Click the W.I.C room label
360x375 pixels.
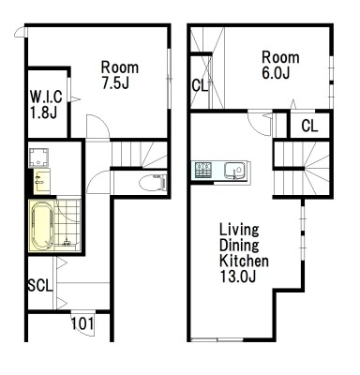pos(46,97)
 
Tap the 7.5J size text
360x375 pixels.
pos(115,82)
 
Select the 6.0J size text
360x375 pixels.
pos(276,72)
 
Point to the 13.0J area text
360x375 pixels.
pos(238,277)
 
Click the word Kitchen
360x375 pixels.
pos(244,261)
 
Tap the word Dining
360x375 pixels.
pos(239,246)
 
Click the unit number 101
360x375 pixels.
pos(82,323)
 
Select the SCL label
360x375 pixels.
pos(40,285)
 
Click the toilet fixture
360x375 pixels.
pos(153,183)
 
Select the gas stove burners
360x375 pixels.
pos(203,171)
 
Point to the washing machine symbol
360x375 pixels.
pos(39,157)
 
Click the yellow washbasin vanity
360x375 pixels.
pos(41,182)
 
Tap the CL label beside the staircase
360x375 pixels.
pos(309,126)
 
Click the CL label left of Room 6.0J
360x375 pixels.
pos(200,85)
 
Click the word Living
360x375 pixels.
pos(239,230)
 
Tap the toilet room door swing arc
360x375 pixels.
pos(96,176)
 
